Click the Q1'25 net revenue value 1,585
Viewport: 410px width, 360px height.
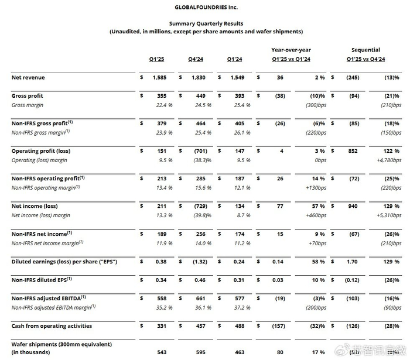coord(159,77)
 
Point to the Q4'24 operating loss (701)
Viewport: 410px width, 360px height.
coord(199,151)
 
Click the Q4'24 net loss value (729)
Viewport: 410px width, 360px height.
coord(199,206)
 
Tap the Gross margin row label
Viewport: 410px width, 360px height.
coord(30,105)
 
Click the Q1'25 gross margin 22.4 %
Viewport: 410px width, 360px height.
coord(162,105)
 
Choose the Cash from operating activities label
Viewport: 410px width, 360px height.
coord(52,325)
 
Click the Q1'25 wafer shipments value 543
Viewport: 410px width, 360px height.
coord(161,353)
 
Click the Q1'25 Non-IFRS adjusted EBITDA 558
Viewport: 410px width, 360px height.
coord(162,298)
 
